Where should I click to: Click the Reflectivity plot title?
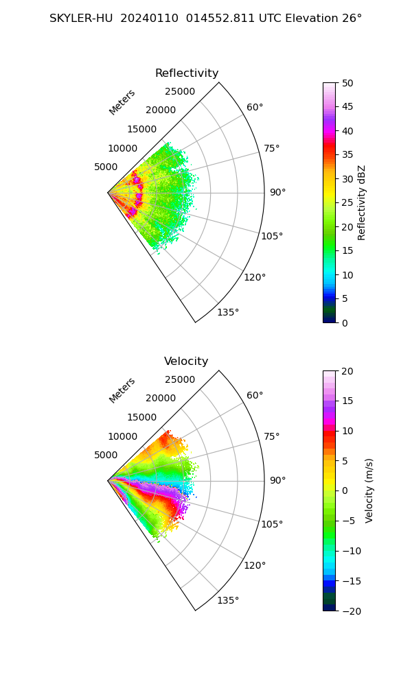tap(187, 73)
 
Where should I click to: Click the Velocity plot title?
tap(186, 362)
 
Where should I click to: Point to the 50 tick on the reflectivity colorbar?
tap(347, 83)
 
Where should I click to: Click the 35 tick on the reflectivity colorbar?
tap(347, 155)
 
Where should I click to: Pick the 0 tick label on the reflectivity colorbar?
tap(345, 323)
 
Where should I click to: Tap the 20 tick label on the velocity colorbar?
tap(347, 371)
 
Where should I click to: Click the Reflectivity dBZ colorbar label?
tap(361, 203)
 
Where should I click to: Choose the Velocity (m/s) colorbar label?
tap(369, 491)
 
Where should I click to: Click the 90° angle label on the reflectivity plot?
tap(277, 193)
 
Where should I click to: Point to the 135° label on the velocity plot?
tap(228, 600)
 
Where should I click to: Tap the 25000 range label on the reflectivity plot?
tap(180, 91)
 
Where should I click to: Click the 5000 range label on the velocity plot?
tap(106, 455)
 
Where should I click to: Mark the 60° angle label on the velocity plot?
tap(255, 396)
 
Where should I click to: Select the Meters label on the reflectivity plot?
tap(122, 102)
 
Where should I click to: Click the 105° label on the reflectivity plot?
tap(272, 236)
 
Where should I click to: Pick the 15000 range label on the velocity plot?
tap(142, 417)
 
